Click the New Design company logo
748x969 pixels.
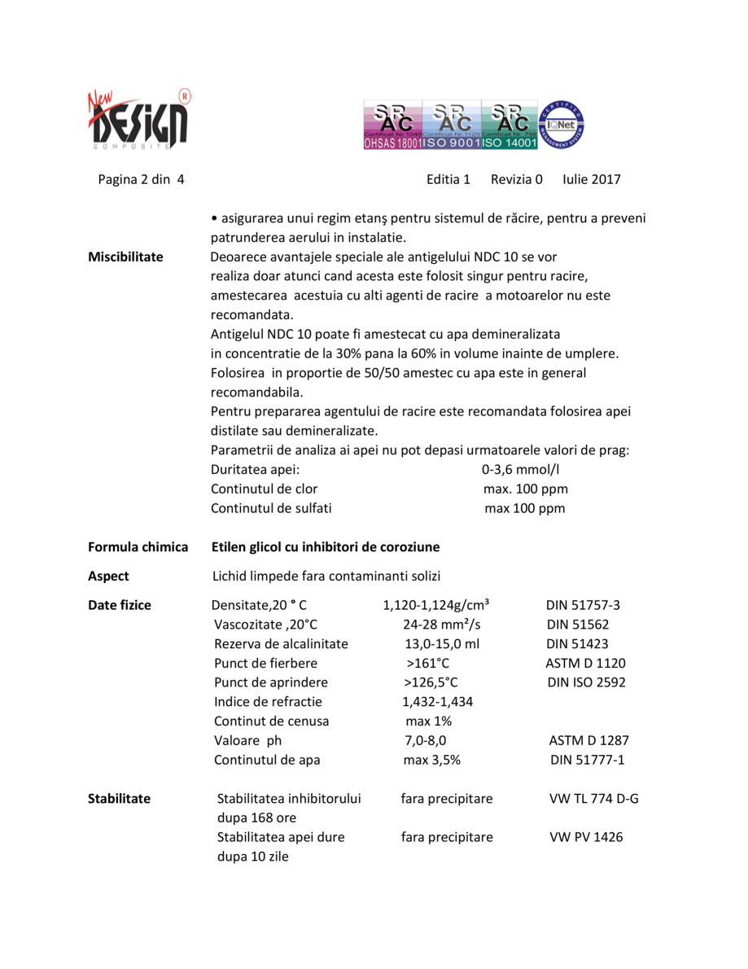click(138, 119)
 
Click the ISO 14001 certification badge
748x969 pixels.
click(510, 126)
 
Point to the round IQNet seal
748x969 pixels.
click(562, 125)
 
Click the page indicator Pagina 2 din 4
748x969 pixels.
click(141, 179)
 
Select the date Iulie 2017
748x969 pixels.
click(591, 179)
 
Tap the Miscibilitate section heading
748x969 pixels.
click(125, 256)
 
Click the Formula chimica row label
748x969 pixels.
click(138, 546)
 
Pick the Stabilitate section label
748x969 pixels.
click(119, 798)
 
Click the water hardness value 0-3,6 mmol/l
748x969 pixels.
click(521, 470)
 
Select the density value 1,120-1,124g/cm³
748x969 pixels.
click(435, 605)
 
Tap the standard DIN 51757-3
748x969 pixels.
click(583, 605)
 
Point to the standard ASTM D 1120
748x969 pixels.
click(585, 663)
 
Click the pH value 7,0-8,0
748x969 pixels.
click(425, 740)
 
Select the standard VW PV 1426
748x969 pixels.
click(586, 836)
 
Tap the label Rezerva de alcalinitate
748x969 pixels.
click(281, 643)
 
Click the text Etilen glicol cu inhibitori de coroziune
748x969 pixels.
click(326, 546)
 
